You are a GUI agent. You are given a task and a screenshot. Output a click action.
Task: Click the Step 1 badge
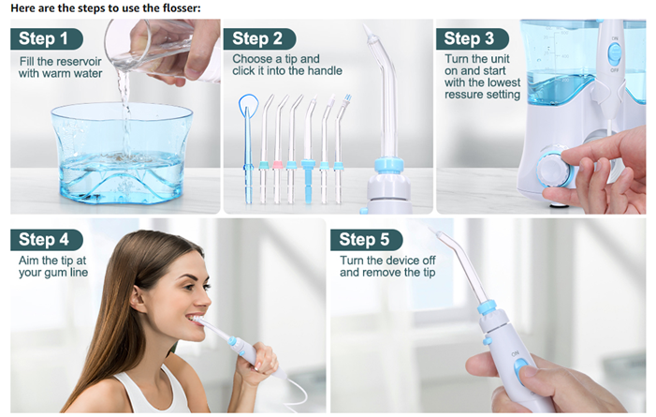pyautogui.click(x=47, y=39)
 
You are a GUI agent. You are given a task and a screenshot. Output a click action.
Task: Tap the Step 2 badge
pyautogui.click(x=260, y=39)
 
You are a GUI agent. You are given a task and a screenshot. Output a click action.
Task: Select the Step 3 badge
pyautogui.click(x=473, y=39)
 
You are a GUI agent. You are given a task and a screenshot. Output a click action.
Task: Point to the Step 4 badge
pyautogui.click(x=47, y=240)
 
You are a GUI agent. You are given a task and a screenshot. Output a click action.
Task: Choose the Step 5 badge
pyautogui.click(x=367, y=240)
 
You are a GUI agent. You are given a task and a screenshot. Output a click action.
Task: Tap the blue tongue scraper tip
pyautogui.click(x=248, y=147)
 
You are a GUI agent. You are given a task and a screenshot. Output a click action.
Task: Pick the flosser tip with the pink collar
pyautogui.click(x=278, y=149)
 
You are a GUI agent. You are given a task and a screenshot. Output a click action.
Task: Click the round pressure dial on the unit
pyautogui.click(x=553, y=170)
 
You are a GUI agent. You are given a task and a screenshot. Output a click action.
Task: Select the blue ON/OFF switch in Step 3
pyautogui.click(x=614, y=53)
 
